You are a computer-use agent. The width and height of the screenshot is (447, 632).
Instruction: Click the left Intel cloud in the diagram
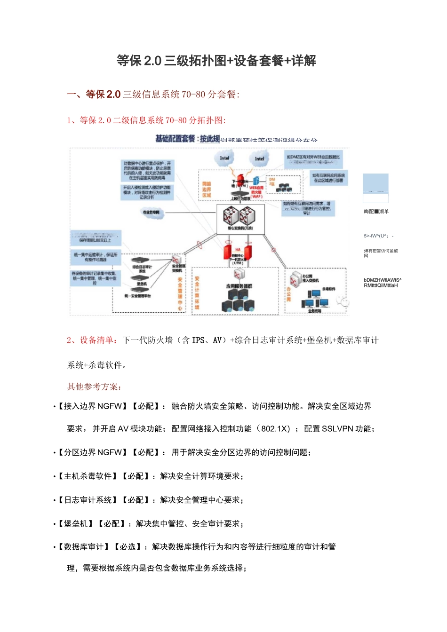tap(224, 158)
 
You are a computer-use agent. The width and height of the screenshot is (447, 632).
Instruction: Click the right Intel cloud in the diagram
tap(259, 159)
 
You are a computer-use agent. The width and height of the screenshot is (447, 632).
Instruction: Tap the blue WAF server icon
tap(256, 181)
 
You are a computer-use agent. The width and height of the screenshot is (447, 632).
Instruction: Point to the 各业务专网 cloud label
tap(151, 213)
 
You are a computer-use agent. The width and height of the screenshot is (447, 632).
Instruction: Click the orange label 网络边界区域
tap(207, 190)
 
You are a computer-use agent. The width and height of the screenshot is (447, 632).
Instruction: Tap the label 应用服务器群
tap(239, 286)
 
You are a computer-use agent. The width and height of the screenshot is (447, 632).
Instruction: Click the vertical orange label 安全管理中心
tap(180, 293)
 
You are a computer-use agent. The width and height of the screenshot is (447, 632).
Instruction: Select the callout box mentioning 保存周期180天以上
tap(96, 238)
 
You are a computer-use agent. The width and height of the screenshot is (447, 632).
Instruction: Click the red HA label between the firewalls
tap(238, 250)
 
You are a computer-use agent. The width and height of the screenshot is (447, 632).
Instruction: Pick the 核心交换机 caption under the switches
tap(240, 229)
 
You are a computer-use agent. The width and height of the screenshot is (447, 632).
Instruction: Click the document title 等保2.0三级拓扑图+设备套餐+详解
tap(216, 61)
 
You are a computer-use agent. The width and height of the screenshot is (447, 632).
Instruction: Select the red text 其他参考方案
tap(94, 387)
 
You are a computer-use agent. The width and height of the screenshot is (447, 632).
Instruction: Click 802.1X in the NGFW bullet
tap(275, 429)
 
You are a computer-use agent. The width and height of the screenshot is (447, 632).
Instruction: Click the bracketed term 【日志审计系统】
tap(88, 500)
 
